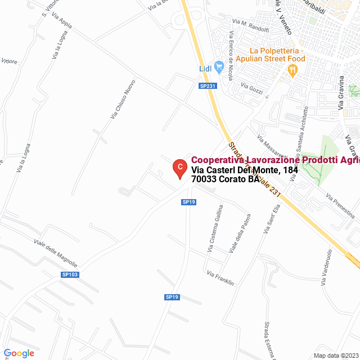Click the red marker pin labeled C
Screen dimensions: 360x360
tap(179, 167)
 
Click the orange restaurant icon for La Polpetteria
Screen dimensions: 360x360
tap(292, 70)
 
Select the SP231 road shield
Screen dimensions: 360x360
tap(208, 85)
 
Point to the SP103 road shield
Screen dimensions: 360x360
tap(70, 274)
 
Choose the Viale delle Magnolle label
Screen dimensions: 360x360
tap(56, 254)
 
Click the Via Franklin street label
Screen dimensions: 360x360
tap(220, 278)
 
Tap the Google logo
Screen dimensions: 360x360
tap(19, 353)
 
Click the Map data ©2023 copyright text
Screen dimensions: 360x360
tap(335, 355)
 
